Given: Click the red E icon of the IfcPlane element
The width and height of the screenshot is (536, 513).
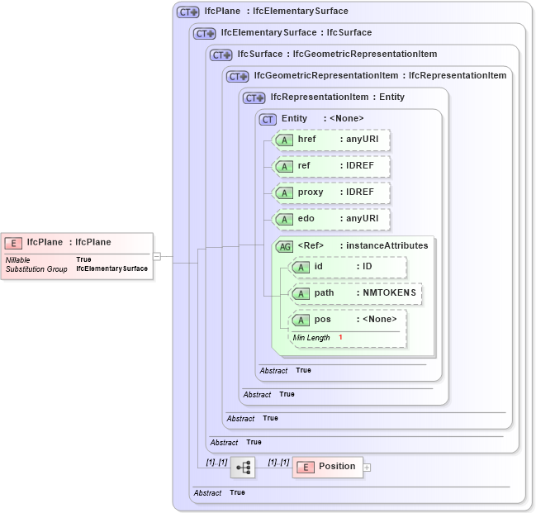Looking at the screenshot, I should tap(13, 243).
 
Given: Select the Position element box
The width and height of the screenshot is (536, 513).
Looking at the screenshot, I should tap(328, 467).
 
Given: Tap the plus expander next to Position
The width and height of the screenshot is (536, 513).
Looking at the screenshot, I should tap(368, 468).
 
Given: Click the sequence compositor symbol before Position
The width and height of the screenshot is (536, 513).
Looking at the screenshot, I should tap(243, 468).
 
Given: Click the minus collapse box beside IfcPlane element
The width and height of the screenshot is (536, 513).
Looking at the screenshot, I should tap(156, 256).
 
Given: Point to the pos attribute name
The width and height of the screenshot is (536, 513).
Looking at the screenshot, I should tap(322, 320).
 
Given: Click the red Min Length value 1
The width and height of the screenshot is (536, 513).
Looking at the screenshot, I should tap(340, 338).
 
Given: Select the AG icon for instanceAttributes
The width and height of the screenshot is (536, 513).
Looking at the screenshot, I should tap(284, 246).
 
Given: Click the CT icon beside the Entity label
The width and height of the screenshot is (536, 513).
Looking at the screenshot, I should tap(268, 119).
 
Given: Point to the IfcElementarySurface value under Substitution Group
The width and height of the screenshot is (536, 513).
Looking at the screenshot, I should tap(111, 268).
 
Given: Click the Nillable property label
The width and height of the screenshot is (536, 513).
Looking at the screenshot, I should tap(18, 259).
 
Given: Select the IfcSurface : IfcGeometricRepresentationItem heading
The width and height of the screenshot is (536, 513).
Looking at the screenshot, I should tap(337, 55).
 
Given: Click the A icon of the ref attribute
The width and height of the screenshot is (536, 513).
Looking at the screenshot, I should tap(284, 167).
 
